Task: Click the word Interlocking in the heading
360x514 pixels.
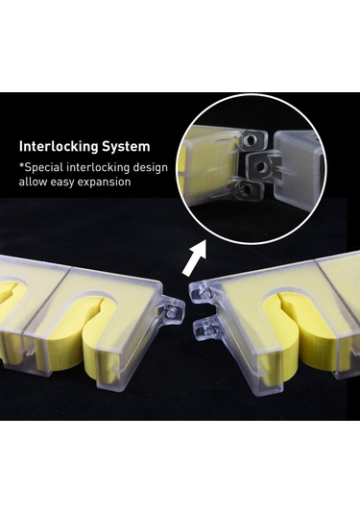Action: (59, 147)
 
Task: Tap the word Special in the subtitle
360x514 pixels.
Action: (44, 168)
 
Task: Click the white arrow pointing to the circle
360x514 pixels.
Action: (195, 258)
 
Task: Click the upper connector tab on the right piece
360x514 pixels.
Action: (204, 292)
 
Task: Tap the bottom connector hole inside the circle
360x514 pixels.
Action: (247, 189)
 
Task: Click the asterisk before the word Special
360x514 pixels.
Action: (22, 165)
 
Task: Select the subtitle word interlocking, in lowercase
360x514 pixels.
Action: (98, 168)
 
